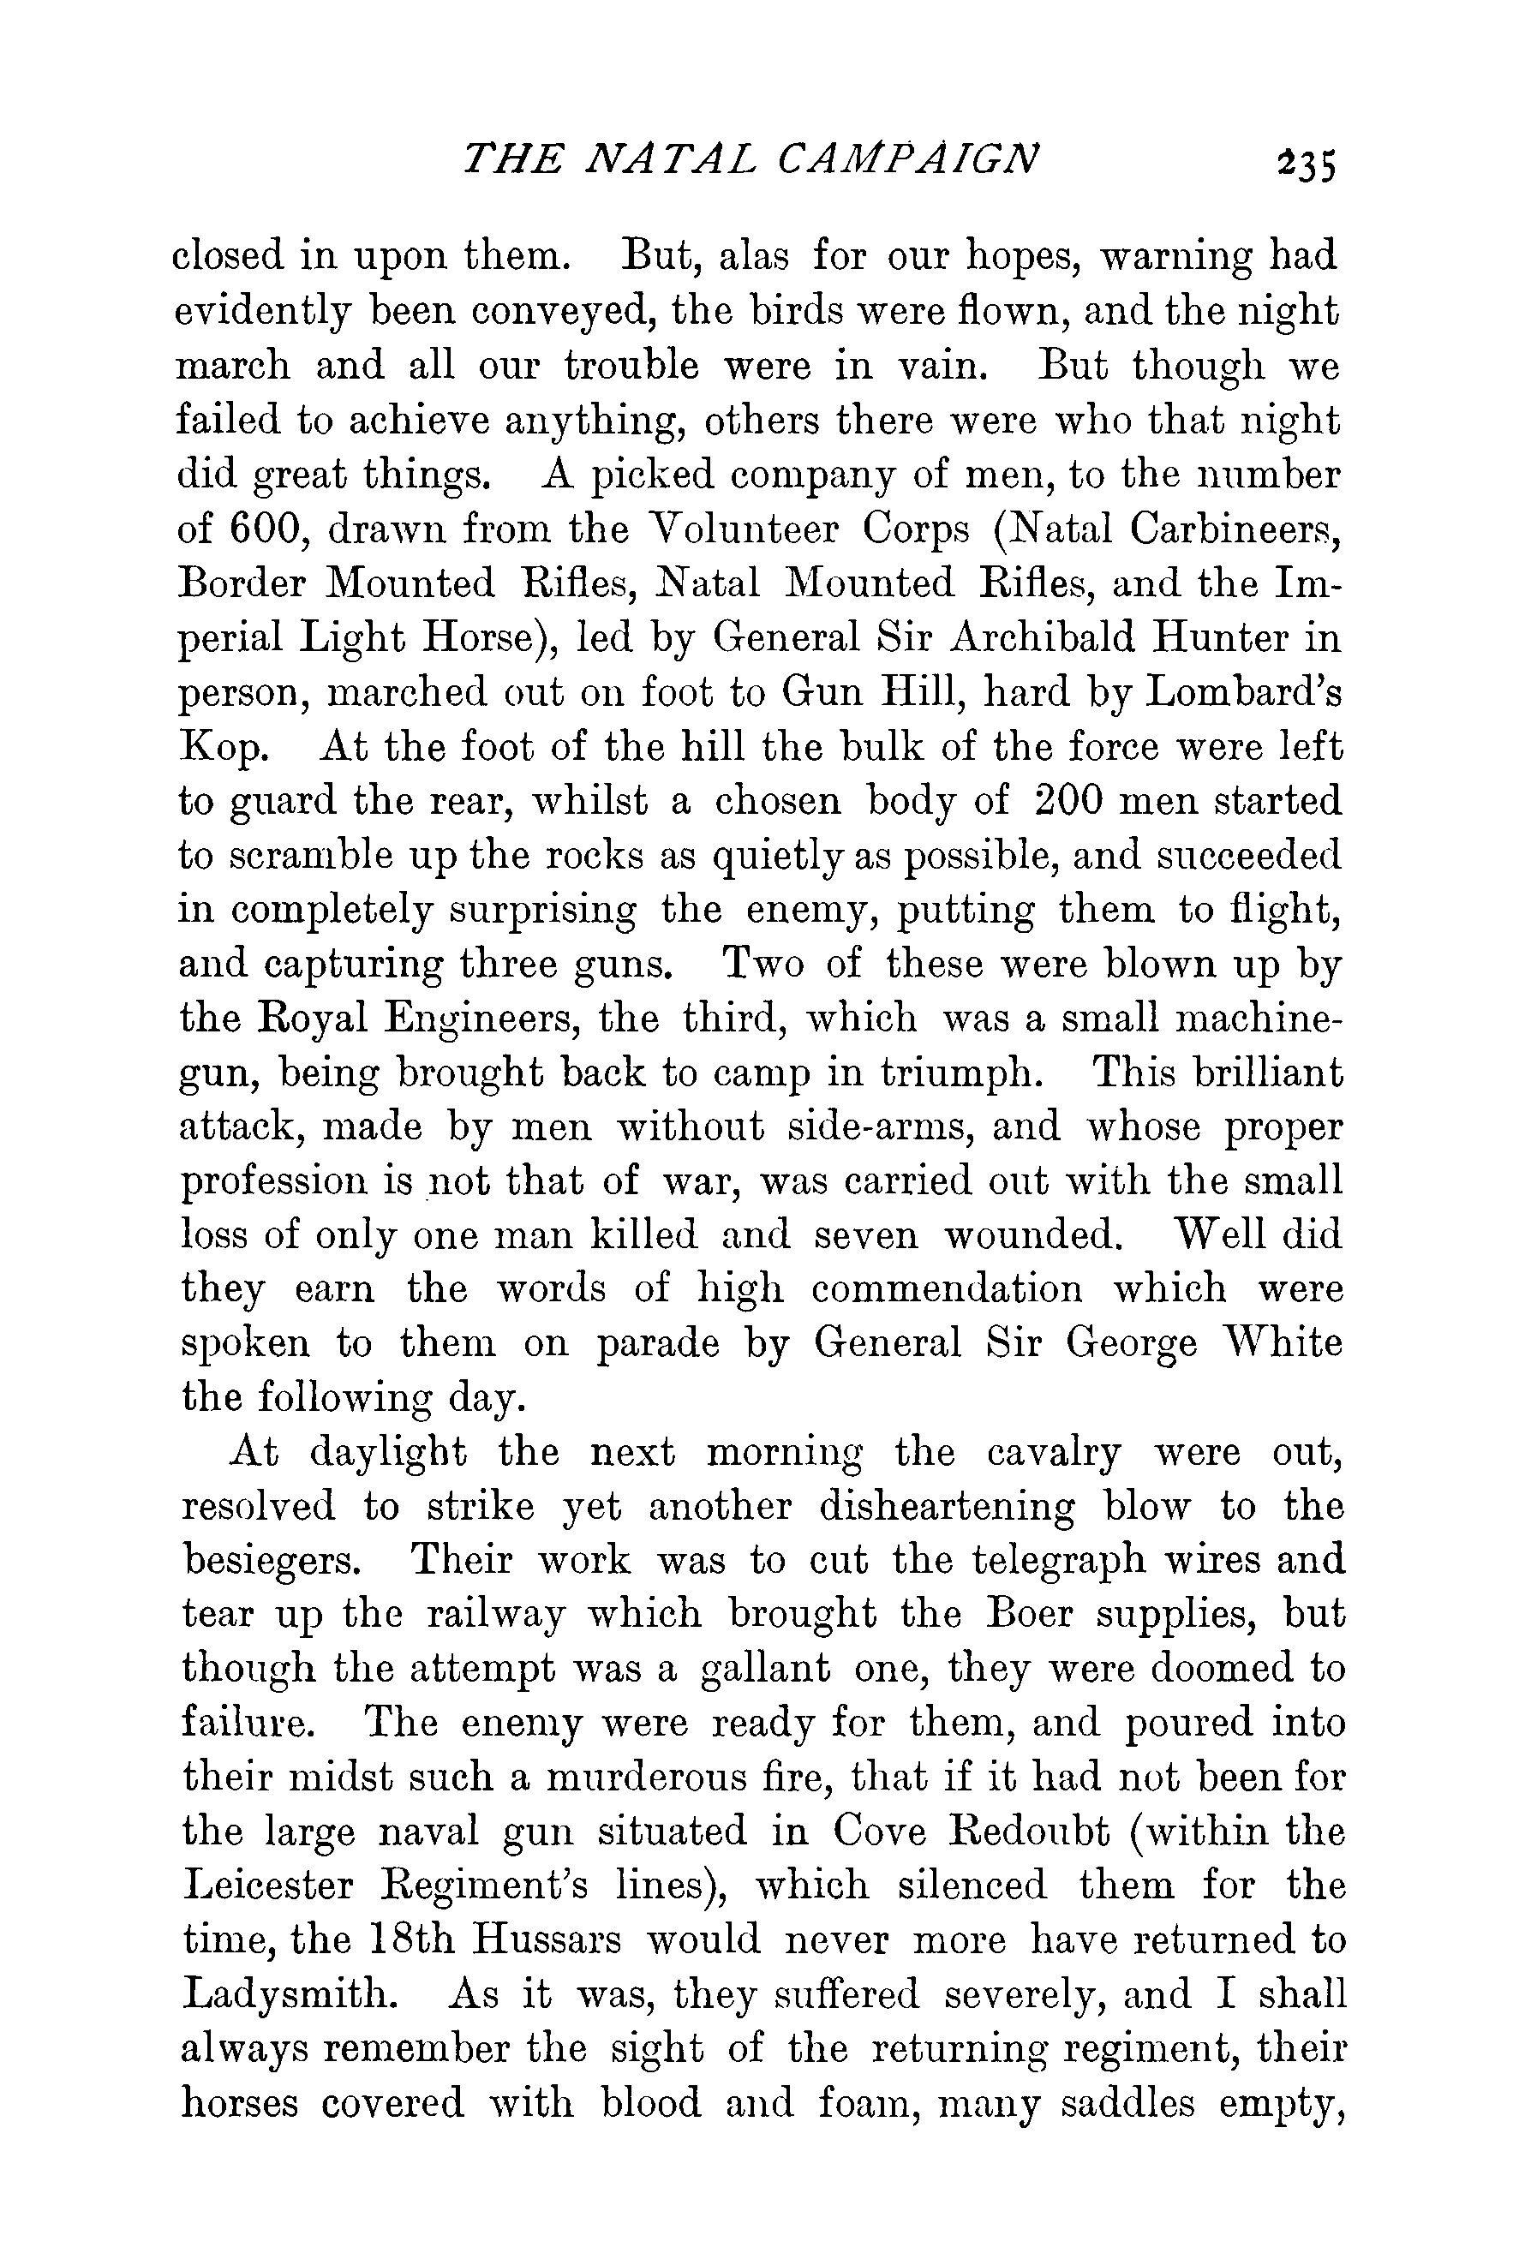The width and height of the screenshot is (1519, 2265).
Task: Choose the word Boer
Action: coord(1029,1614)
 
